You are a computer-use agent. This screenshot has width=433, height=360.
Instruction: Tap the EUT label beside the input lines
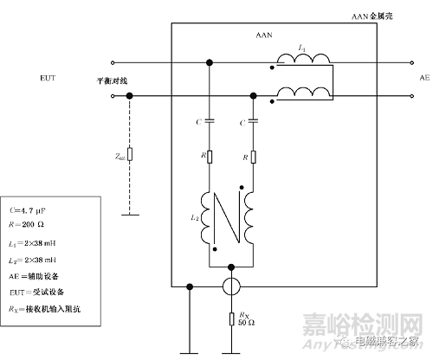click(x=48, y=79)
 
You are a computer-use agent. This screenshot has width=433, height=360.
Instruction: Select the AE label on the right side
click(x=424, y=77)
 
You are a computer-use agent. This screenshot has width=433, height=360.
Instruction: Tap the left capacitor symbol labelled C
click(x=210, y=124)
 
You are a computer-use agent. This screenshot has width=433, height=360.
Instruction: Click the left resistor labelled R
click(x=210, y=157)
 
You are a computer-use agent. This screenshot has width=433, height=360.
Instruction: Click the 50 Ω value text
click(x=247, y=322)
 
